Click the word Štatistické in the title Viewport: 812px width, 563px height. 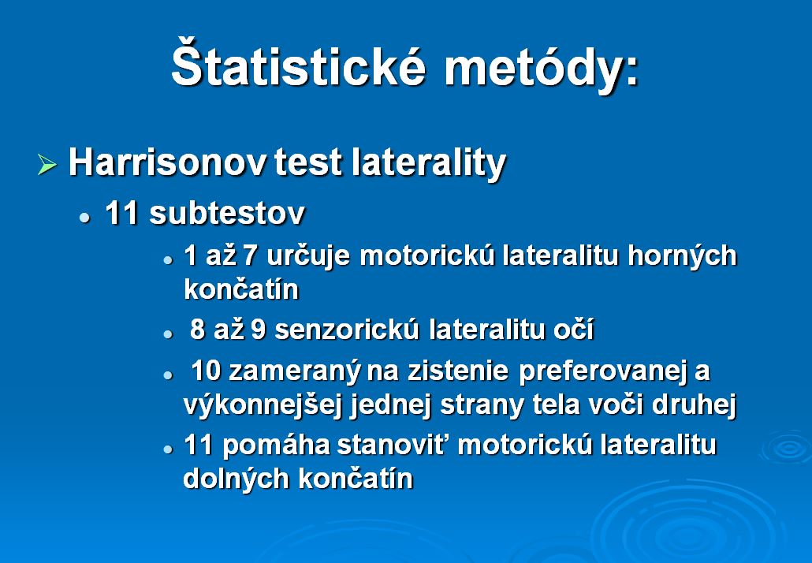click(x=298, y=63)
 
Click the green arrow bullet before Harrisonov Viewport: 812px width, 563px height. click(x=47, y=165)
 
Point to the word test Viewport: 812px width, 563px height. click(x=308, y=162)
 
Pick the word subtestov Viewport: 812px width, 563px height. click(x=227, y=214)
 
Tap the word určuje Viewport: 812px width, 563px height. click(x=309, y=257)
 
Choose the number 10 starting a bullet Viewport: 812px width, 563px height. click(x=206, y=371)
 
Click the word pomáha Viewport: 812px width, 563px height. click(x=276, y=446)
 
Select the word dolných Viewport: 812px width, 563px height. click(x=237, y=478)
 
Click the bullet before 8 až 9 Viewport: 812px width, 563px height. click(x=168, y=334)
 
